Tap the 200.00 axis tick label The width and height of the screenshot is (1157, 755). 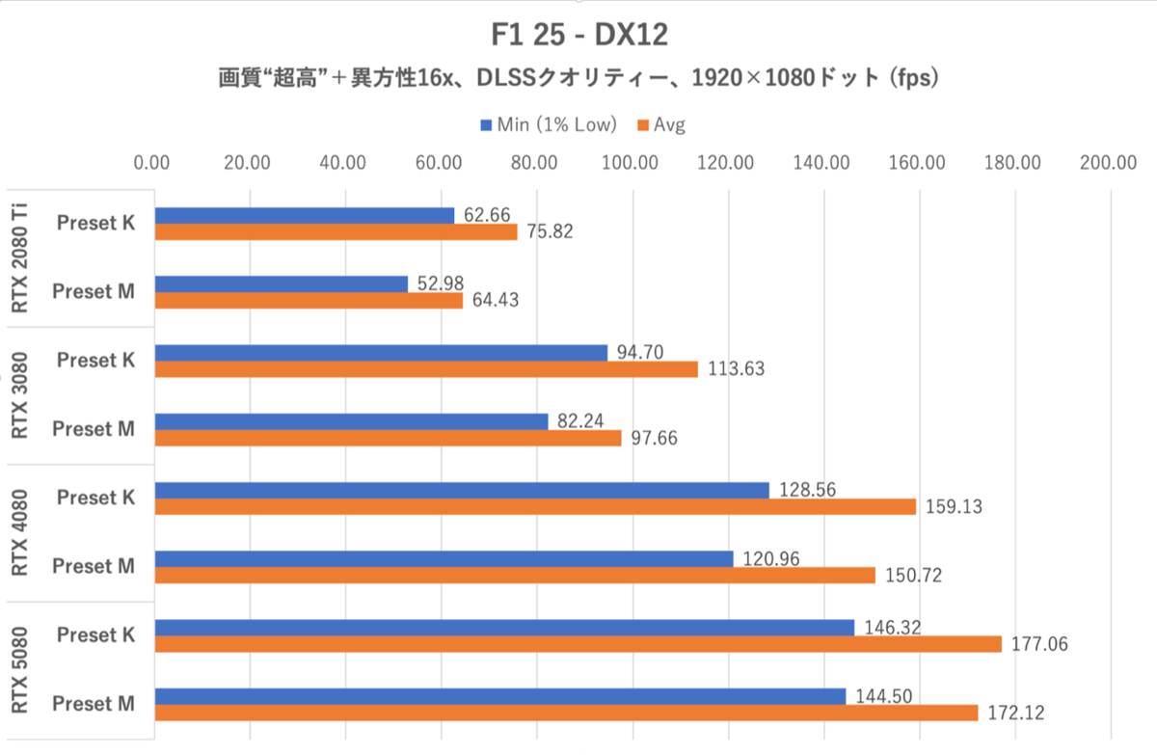click(x=1109, y=163)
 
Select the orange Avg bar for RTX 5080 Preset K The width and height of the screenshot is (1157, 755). click(x=578, y=644)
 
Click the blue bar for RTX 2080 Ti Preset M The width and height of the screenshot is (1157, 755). click(x=281, y=283)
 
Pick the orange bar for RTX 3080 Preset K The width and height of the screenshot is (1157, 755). click(x=425, y=369)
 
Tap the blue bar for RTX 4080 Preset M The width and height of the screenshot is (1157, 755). click(x=444, y=558)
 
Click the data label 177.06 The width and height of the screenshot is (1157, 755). click(x=1037, y=644)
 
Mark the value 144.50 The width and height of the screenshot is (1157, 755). click(x=881, y=695)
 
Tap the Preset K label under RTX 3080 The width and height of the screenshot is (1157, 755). click(x=94, y=360)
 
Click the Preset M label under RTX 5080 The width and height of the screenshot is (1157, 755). click(x=94, y=704)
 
